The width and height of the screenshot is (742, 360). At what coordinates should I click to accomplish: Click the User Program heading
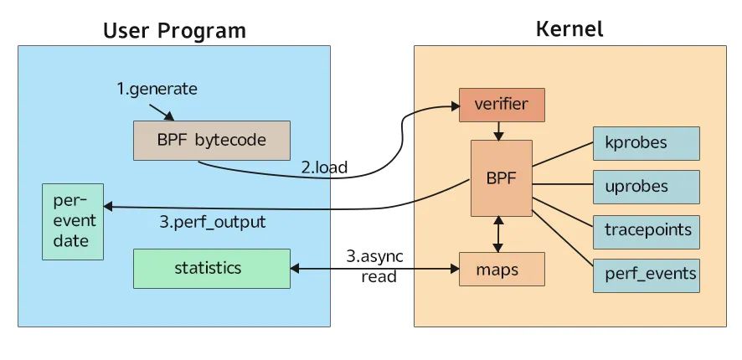(174, 31)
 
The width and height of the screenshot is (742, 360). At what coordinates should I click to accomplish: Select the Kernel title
(569, 29)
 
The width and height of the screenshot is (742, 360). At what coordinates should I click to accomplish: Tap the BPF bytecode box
(211, 140)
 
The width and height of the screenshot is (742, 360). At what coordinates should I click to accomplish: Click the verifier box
(502, 105)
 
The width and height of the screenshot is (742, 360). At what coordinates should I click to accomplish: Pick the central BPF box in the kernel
(501, 177)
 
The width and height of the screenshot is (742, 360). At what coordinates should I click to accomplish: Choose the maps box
(502, 270)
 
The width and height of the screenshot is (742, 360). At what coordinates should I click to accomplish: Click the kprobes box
(646, 142)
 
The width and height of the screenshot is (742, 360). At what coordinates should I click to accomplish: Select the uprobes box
(646, 186)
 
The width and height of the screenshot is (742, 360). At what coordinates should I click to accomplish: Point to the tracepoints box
(646, 230)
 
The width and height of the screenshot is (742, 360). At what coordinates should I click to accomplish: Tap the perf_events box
(646, 274)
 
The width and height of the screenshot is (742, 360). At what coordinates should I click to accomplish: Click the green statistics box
(211, 268)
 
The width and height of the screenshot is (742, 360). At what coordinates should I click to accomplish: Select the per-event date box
(75, 221)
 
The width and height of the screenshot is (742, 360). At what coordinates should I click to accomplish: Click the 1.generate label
(157, 89)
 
